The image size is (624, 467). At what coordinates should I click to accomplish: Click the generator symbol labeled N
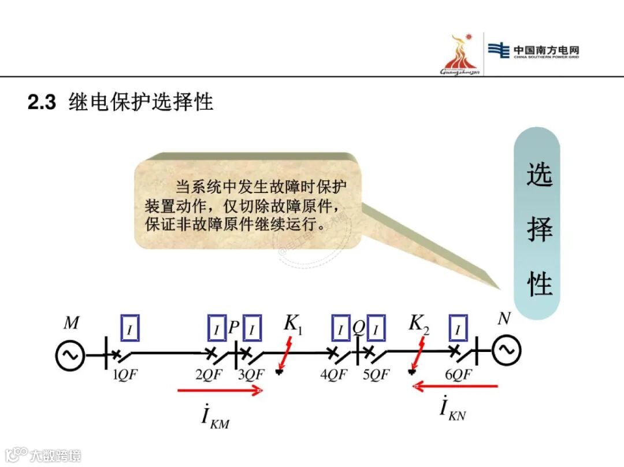507,350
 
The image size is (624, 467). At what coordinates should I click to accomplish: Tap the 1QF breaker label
126,375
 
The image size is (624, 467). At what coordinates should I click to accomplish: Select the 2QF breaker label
209,375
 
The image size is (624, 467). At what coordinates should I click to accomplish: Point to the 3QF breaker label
251,375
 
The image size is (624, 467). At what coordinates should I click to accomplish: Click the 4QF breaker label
334,375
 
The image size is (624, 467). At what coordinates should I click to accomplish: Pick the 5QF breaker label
377,375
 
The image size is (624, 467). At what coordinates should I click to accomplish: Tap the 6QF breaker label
458,375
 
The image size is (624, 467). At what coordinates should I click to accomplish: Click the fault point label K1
293,325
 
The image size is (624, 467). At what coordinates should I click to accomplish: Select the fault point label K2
419,324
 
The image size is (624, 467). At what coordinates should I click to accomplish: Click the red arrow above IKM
220,391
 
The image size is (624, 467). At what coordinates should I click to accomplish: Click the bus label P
234,328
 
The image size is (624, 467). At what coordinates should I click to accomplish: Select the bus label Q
359,328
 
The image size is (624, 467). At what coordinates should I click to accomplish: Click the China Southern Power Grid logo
533,51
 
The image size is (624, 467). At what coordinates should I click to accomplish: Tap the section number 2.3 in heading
42,103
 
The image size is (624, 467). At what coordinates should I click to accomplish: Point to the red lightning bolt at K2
422,349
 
